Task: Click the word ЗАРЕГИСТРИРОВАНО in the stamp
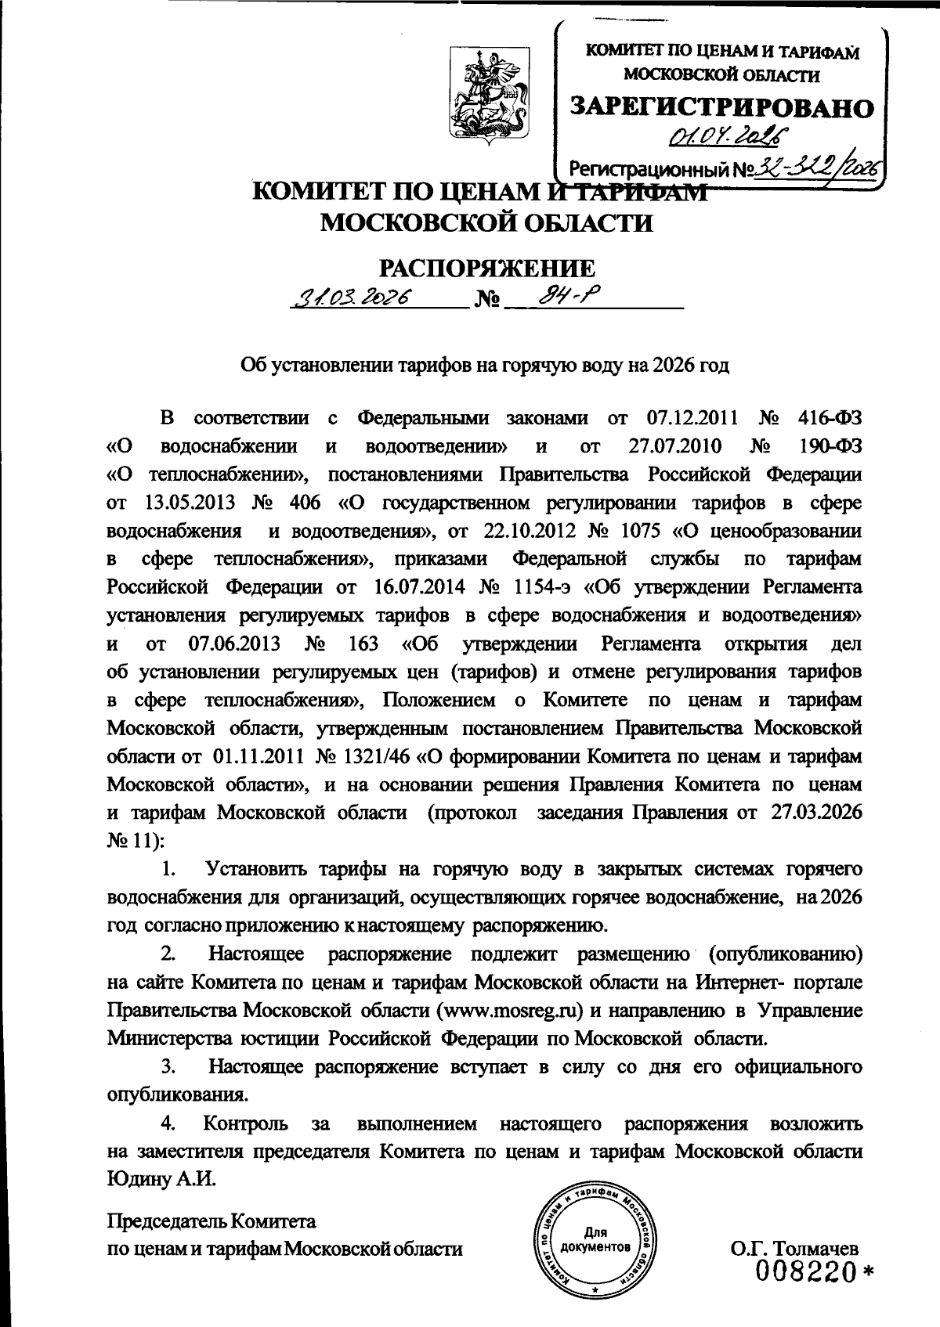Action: click(721, 108)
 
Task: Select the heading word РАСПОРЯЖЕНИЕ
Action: click(486, 269)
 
